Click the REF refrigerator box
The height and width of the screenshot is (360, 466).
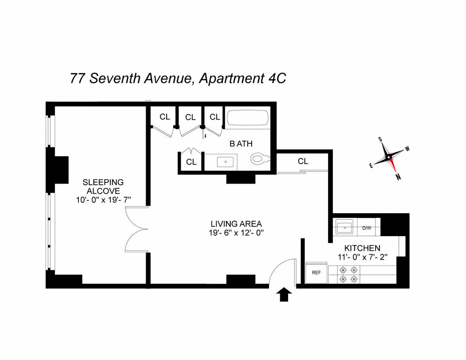[x=316, y=273]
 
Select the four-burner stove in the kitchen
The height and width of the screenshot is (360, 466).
[x=348, y=273]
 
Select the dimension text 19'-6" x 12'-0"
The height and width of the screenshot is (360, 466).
[x=236, y=233]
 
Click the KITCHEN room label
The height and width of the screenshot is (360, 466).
[x=362, y=248]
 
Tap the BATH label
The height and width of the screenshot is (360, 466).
[x=241, y=144]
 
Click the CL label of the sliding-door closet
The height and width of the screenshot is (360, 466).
[x=303, y=161]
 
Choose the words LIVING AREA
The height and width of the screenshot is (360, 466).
[x=236, y=224]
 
